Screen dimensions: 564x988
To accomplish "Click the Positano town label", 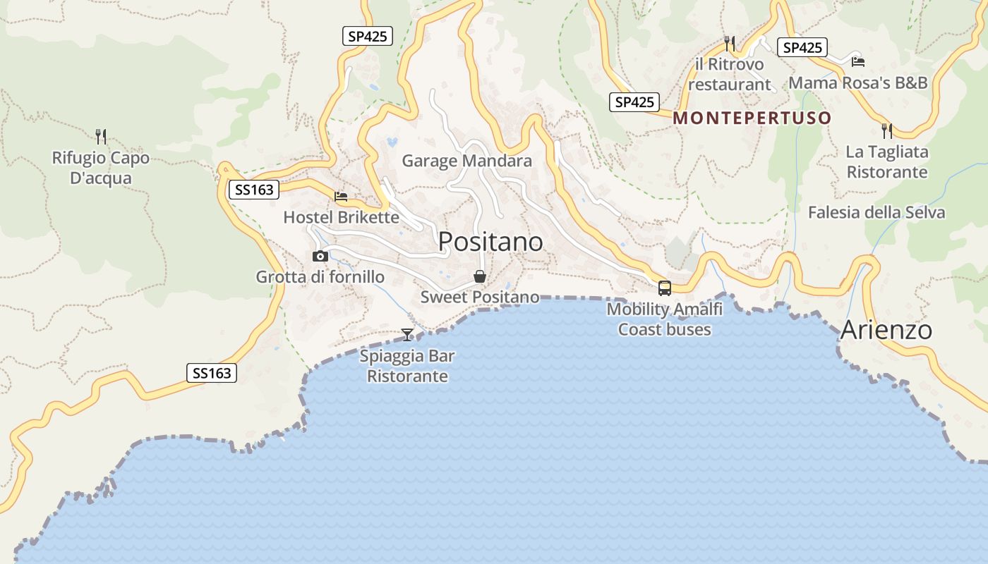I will pyautogui.click(x=490, y=242).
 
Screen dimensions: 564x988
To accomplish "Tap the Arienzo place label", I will pyautogui.click(x=886, y=330).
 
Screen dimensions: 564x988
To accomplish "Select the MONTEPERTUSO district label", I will pyautogui.click(x=752, y=118).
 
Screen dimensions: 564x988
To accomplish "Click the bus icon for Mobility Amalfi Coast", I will pyautogui.click(x=664, y=288).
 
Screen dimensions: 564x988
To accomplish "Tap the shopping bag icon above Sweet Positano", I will pyautogui.click(x=480, y=276).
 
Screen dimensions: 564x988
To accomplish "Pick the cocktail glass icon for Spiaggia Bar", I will pyautogui.click(x=407, y=334).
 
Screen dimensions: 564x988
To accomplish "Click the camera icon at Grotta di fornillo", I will pyautogui.click(x=320, y=256).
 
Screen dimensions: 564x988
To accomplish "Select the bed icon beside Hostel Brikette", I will pyautogui.click(x=341, y=197).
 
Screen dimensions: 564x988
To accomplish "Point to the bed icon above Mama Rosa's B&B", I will pyautogui.click(x=857, y=62).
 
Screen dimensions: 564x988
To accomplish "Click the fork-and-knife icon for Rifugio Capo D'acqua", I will pyautogui.click(x=100, y=135).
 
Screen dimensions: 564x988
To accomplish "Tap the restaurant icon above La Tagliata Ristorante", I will pyautogui.click(x=886, y=130).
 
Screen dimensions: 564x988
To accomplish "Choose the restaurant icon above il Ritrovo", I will pyautogui.click(x=730, y=44).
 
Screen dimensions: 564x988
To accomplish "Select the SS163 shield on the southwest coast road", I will pyautogui.click(x=212, y=373).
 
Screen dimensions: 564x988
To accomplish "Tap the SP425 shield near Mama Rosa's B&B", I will pyautogui.click(x=803, y=47).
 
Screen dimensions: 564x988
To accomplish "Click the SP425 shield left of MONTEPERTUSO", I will pyautogui.click(x=634, y=102).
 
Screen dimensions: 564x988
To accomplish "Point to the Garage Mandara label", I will pyautogui.click(x=466, y=161).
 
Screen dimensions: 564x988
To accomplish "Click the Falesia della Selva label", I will pyautogui.click(x=876, y=212).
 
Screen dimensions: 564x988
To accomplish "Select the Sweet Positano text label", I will pyautogui.click(x=480, y=298).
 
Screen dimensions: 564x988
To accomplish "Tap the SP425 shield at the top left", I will pyautogui.click(x=368, y=36).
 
